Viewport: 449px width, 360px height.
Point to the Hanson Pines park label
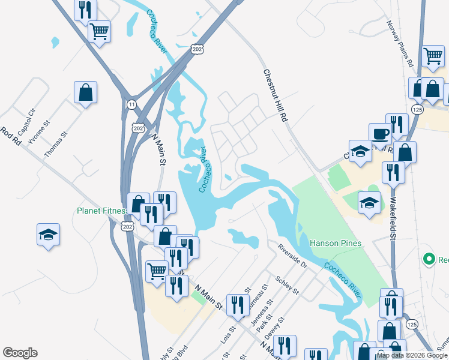(336, 243)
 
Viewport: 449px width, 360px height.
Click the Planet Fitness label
(101, 211)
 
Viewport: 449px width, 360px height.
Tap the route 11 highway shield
(131, 104)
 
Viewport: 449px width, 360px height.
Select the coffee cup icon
(379, 133)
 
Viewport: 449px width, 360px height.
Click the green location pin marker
(429, 259)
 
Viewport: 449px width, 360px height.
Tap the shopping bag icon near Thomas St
(86, 92)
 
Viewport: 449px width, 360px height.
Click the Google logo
(20, 353)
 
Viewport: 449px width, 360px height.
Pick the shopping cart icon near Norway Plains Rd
(433, 56)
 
